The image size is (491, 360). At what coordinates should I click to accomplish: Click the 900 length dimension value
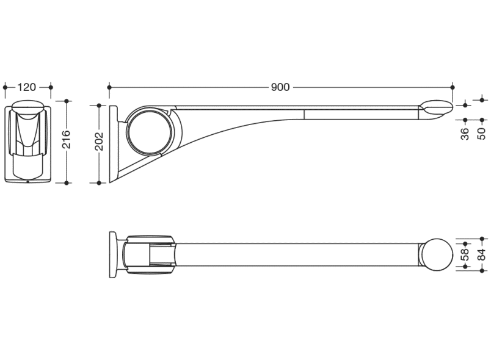280,87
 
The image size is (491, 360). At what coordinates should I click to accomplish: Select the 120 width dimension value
27,87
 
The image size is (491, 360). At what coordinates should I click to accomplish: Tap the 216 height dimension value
67,139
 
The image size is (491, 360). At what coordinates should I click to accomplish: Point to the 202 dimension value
100,142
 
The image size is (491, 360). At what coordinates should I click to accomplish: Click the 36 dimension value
465,134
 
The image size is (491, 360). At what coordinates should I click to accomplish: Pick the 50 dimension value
482,134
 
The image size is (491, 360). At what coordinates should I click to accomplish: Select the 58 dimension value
465,254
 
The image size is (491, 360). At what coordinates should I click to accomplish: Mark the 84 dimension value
482,254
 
